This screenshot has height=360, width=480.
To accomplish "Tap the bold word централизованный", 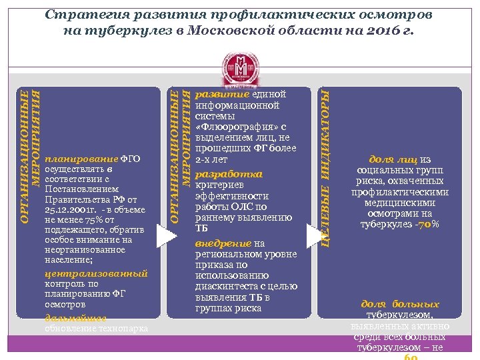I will pos(96,273).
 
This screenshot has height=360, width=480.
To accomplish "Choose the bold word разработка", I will pos(219,174).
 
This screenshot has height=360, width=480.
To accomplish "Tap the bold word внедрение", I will pos(223,244).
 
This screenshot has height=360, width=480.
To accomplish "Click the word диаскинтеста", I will pos(225,287).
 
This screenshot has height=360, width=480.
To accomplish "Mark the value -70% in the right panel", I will pos(427,224).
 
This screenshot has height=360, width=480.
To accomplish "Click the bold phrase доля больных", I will pos(400,304).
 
